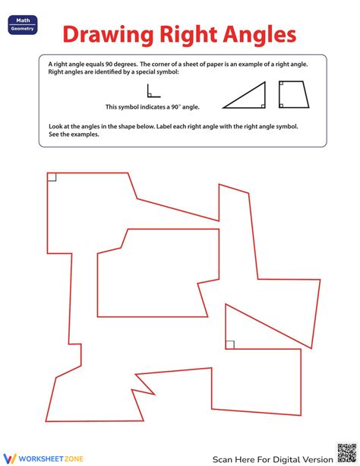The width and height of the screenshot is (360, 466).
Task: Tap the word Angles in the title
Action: coord(257,35)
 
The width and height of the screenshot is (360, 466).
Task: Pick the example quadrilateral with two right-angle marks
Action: coord(292,94)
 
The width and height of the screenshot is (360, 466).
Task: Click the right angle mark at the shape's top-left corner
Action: coord(52,177)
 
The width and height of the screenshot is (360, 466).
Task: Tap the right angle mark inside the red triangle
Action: coord(230,344)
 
